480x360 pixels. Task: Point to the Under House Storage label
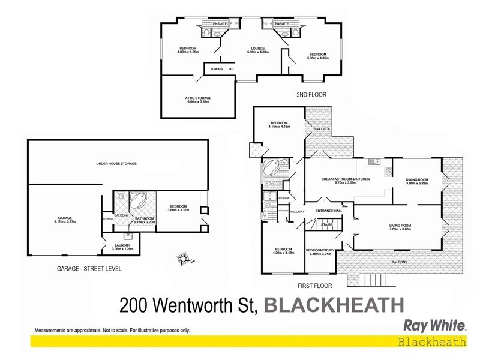pyautogui.click(x=117, y=163)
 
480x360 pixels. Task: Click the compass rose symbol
pyautogui.click(x=184, y=260)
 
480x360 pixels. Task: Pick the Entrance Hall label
pyautogui.click(x=329, y=211)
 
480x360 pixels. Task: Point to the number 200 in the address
pyautogui.click(x=137, y=305)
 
